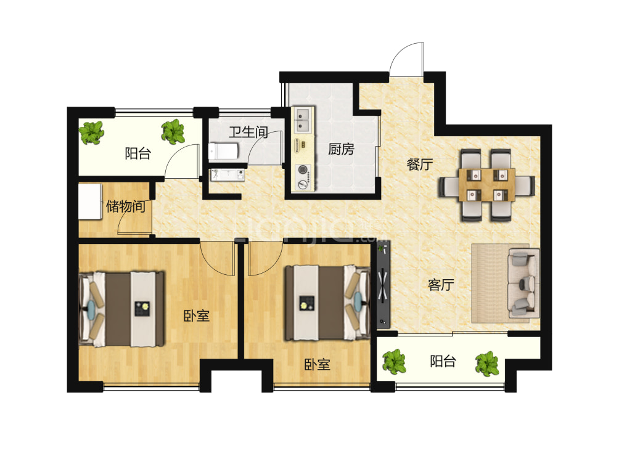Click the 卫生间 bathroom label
pyautogui.click(x=248, y=132)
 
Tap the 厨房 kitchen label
pyautogui.click(x=341, y=149)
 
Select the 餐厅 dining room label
pyautogui.click(x=420, y=164)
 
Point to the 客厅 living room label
pyautogui.click(x=441, y=284)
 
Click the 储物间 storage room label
pyautogui.click(x=126, y=206)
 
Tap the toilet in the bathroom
pyautogui.click(x=223, y=151)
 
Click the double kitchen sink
pyautogui.click(x=303, y=120)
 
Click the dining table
pyautogui.click(x=486, y=185)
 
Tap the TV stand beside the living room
pyautogui.click(x=383, y=285)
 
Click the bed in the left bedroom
pyautogui.click(x=121, y=309)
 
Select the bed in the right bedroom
pyautogui.click(x=327, y=303)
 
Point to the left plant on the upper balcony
pyautogui.click(x=92, y=132)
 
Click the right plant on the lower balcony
pyautogui.click(x=487, y=364)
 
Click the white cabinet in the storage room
pyautogui.click(x=91, y=201)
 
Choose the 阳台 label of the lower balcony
pyautogui.click(x=443, y=361)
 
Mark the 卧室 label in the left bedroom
pyautogui.click(x=197, y=315)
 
